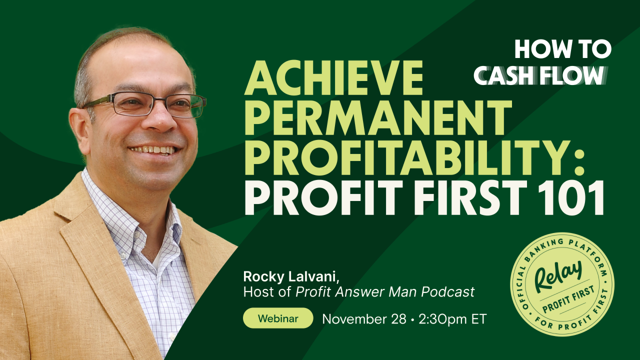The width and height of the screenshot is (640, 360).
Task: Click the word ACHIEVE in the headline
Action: click(333, 79)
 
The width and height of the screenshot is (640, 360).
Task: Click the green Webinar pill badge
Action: click(278, 318)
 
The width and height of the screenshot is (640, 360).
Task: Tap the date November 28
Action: click(364, 319)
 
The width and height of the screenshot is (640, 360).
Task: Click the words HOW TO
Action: click(562, 49)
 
